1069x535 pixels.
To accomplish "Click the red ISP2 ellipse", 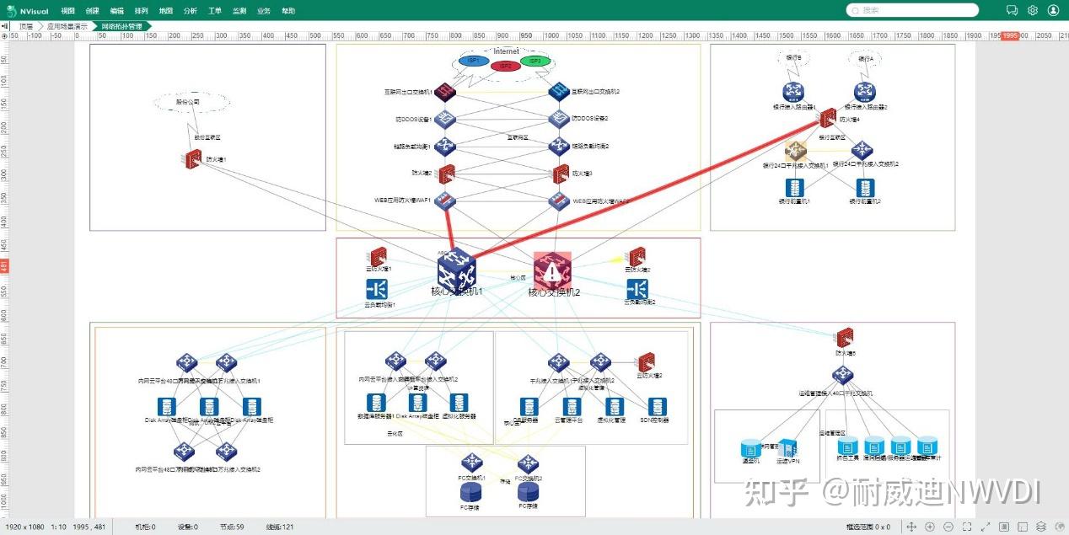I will point(505,66).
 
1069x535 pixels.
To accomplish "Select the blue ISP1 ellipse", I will point(474,61).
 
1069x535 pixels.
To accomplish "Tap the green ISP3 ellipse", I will point(534,61).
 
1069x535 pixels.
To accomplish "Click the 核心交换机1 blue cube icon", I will point(456,270).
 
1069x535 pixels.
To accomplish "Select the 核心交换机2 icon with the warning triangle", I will point(552,270).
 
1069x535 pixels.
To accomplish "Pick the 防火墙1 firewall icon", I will point(192,158).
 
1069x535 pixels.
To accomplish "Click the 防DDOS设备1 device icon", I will point(446,119).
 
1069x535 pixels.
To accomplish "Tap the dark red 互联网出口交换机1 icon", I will point(446,92).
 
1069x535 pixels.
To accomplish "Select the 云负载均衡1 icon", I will point(377,290).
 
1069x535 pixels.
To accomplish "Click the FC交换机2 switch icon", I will point(528,463).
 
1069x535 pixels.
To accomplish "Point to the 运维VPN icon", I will point(787,448).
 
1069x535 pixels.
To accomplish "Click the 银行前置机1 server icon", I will point(792,188).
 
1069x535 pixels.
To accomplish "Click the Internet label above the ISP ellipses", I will point(506,51).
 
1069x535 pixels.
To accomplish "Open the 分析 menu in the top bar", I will point(190,11).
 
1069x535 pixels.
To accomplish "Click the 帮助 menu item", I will point(288,11).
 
